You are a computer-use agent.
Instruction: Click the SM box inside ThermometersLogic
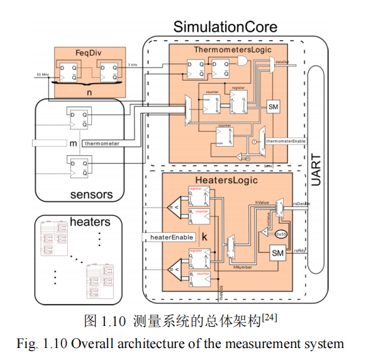coord(274,107)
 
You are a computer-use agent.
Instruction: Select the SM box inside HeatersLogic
coord(277,253)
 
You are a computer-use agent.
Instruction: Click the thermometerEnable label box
coord(287,140)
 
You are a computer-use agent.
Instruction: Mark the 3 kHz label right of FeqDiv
coord(133,65)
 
